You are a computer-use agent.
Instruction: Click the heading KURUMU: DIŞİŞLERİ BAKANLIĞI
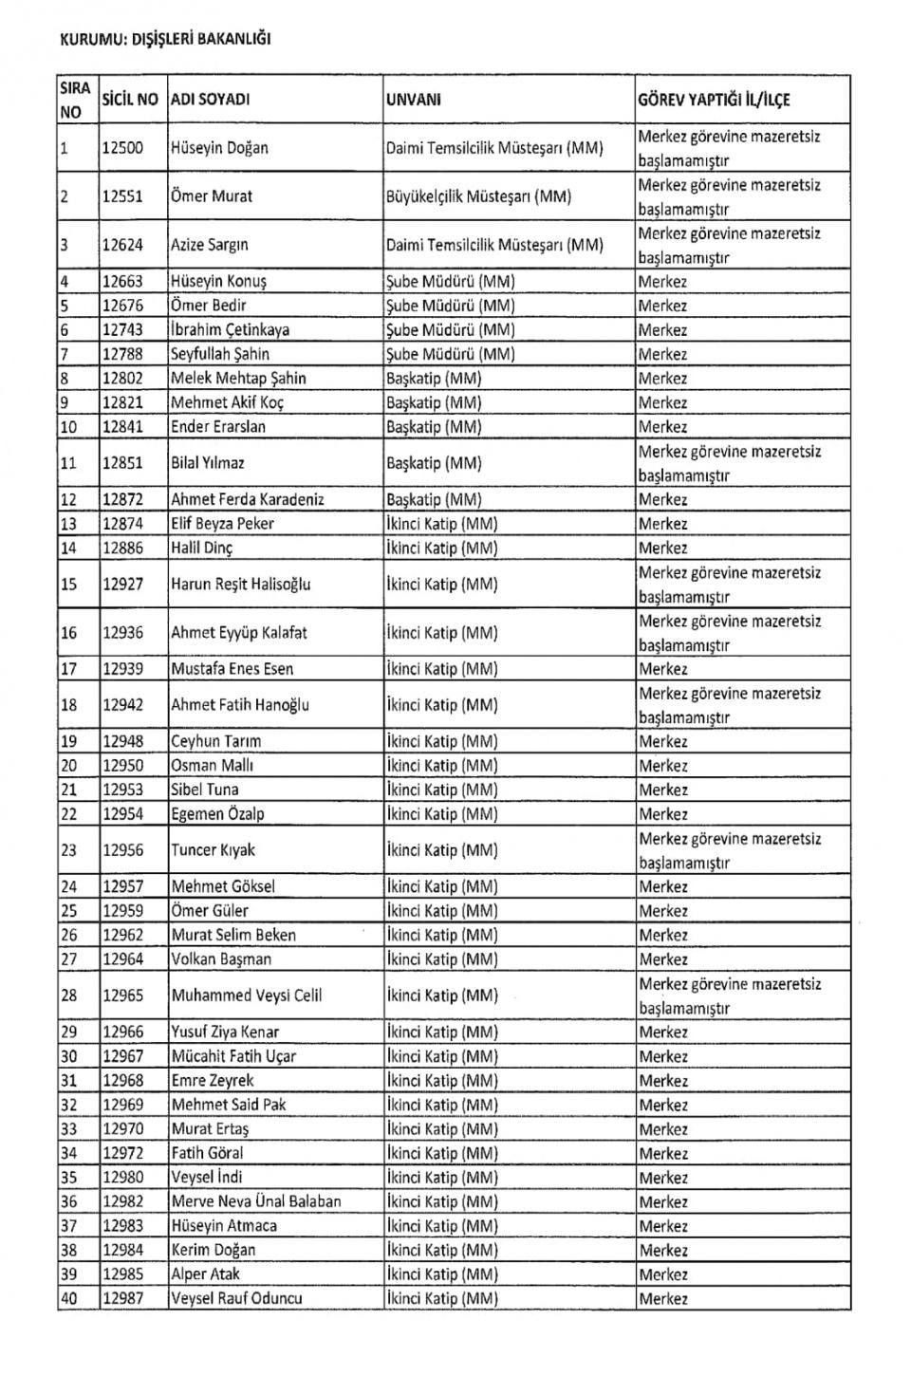(165, 39)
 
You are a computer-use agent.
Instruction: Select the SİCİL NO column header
(130, 100)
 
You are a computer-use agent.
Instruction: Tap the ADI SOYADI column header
(210, 100)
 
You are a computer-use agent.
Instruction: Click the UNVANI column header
(414, 100)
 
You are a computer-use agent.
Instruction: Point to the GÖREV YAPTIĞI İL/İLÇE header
(714, 100)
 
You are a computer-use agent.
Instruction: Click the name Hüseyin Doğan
(219, 148)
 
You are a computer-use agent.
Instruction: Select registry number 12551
(122, 196)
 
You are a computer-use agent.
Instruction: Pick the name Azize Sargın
(210, 245)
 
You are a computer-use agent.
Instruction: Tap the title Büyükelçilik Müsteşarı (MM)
(478, 196)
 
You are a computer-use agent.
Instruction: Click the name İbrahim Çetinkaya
(230, 329)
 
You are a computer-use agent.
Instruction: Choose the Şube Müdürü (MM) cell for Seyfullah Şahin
(450, 354)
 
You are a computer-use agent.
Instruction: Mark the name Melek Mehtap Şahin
(238, 378)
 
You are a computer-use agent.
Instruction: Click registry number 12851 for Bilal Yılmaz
(122, 463)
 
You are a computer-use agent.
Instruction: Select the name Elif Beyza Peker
(222, 524)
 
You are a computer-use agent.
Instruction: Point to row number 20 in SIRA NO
(68, 765)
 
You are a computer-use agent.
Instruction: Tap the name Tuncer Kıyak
(213, 850)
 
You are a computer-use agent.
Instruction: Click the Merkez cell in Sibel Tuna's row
(663, 790)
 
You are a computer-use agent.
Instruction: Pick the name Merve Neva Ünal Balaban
(255, 1201)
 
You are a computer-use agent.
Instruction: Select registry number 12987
(122, 1298)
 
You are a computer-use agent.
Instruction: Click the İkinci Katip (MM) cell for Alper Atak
(441, 1274)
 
